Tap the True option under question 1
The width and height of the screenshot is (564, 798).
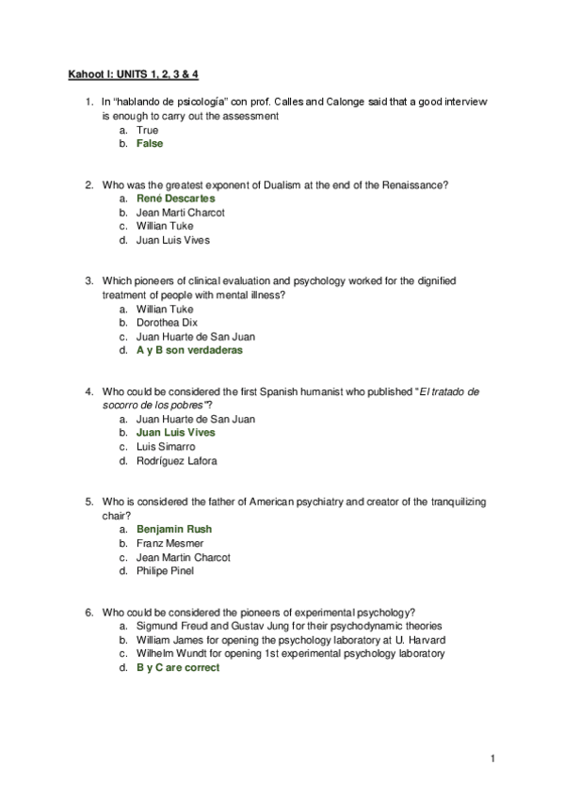[x=147, y=130]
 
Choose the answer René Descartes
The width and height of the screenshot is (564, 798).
[x=175, y=199]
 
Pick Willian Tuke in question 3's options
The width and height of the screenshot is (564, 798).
[x=165, y=309]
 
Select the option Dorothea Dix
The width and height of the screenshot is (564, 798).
[x=168, y=323]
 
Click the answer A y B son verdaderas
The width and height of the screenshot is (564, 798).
[x=189, y=350]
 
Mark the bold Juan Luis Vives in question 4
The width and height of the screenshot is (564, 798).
[x=175, y=433]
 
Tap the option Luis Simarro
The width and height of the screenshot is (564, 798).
[x=166, y=447]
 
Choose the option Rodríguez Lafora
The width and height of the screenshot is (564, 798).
[x=176, y=461]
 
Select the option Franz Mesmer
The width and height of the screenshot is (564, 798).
[x=169, y=543]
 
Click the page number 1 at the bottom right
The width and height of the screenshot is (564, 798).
[x=492, y=758]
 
